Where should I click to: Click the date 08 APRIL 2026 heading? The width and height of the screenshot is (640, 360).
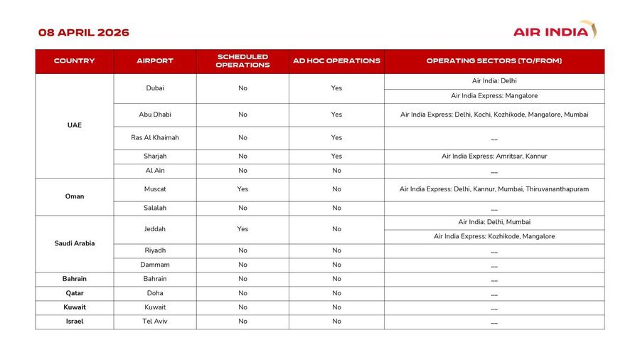[84, 33]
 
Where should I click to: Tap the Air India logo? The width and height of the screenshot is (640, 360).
[555, 31]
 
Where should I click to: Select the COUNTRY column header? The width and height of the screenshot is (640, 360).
[74, 61]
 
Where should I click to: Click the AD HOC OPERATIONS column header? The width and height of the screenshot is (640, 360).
[336, 61]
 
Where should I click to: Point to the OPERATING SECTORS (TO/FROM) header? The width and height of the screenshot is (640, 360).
[494, 61]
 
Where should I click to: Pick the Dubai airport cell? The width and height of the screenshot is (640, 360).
[155, 88]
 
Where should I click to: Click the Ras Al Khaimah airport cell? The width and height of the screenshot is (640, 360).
[155, 137]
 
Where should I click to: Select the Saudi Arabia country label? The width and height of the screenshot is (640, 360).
[74, 243]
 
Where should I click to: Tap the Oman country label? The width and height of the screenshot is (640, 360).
[74, 196]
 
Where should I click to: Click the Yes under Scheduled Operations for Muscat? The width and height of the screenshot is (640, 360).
[242, 189]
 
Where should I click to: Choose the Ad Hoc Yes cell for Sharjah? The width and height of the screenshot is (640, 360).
[336, 157]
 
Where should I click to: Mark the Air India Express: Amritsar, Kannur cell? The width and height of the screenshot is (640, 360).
[494, 157]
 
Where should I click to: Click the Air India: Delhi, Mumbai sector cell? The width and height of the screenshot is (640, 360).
[494, 222]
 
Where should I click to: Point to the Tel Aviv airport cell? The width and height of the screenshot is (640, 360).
[155, 322]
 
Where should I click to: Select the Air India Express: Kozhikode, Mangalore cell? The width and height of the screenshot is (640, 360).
[494, 236]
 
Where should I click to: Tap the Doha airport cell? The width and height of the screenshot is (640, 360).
[155, 293]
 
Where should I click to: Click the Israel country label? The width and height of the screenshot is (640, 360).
[74, 322]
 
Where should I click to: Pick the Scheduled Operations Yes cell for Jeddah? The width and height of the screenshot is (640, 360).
[242, 229]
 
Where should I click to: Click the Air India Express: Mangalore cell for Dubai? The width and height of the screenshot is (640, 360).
[494, 95]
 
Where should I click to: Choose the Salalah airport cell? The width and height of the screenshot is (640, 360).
[155, 208]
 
